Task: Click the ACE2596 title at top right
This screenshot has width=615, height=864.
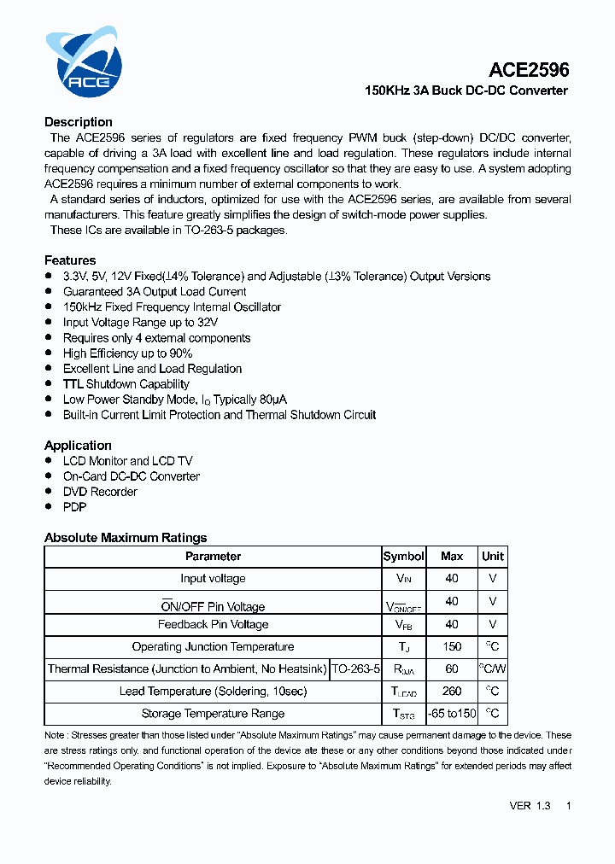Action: pos(529,70)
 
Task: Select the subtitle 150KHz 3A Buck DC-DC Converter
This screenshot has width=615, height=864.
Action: pos(466,90)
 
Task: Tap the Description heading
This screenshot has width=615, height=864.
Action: pos(79,122)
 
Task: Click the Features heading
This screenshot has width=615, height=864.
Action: pos(70,260)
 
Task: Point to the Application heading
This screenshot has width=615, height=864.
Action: pos(78,446)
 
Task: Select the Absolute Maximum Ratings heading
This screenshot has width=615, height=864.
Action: pos(126,538)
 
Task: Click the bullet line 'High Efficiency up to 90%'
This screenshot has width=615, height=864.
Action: pos(127,353)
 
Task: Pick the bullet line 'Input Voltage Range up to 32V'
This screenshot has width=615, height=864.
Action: pos(140,323)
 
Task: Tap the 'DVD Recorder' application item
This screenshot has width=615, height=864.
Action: pos(100,492)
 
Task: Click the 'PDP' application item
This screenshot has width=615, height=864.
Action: pos(74,507)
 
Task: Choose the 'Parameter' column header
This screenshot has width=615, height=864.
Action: pos(213,557)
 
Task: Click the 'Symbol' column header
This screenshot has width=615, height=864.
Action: pos(403,557)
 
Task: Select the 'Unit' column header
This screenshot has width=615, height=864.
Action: pos(493,557)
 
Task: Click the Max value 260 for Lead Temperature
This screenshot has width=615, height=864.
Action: pos(452,692)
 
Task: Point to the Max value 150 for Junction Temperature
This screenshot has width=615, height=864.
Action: pos(452,647)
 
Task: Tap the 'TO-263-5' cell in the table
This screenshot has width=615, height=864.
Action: pos(355,669)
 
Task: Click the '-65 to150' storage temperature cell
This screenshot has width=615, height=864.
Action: pos(452,714)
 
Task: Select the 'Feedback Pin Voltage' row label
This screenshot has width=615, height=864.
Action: pos(213,625)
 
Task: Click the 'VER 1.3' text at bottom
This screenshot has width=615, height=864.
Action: pos(530,806)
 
